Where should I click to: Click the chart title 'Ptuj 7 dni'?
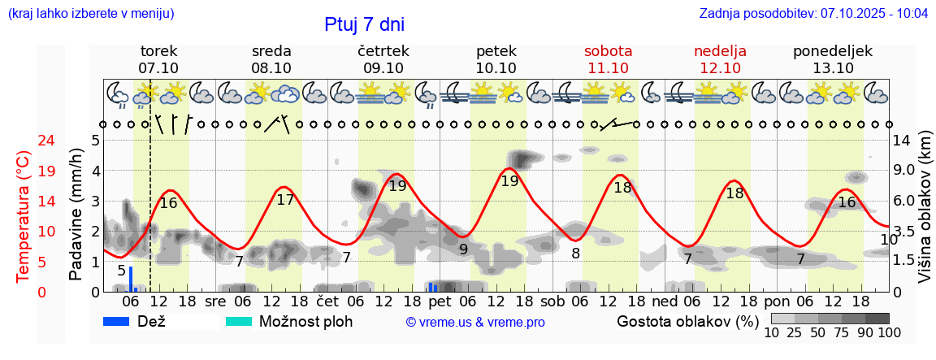[364, 24]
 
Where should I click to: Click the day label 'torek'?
[158, 51]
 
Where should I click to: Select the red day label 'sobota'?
[608, 51]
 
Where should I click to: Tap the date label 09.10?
[383, 68]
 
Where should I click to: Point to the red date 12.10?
[720, 68]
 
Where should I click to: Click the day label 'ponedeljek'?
[833, 51]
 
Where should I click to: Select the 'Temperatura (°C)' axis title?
[24, 216]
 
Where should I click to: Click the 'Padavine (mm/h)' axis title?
[76, 215]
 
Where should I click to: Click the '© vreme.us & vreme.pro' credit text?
[475, 323]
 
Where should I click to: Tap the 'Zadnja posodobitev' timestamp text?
[813, 14]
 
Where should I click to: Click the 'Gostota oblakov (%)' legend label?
[687, 321]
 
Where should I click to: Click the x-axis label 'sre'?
[215, 301]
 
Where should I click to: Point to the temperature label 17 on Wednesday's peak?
[285, 199]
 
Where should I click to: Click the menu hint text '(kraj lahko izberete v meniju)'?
[91, 14]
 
